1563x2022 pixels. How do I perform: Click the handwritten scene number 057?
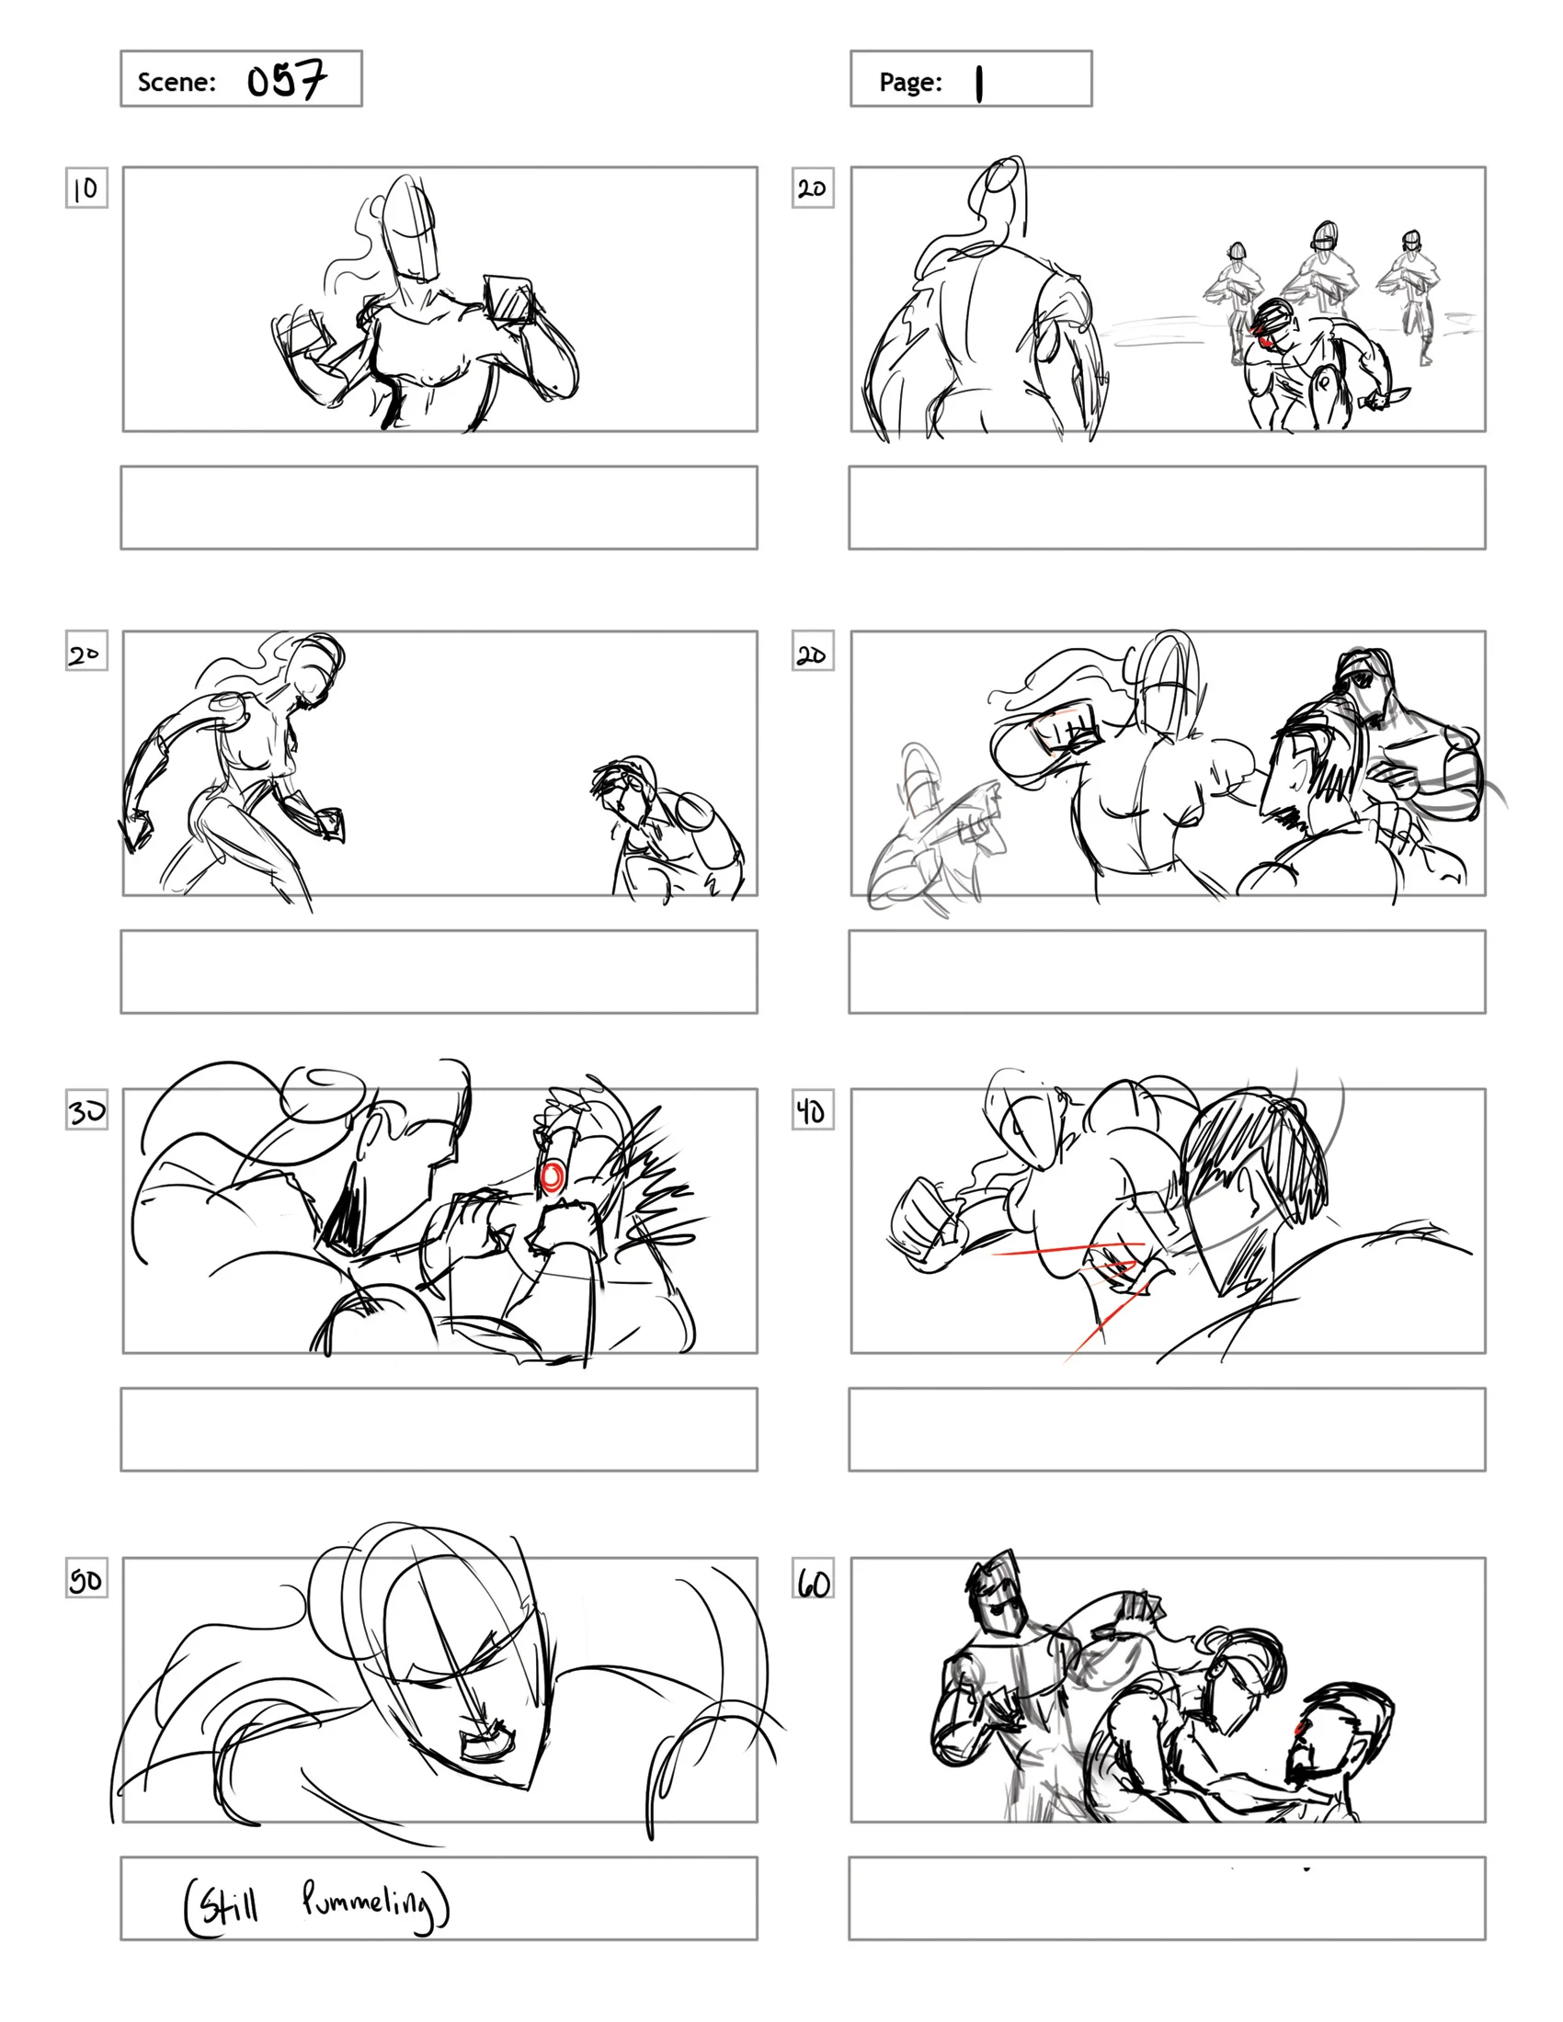286,81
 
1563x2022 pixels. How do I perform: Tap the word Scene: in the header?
176,83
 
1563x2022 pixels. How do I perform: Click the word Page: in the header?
910,83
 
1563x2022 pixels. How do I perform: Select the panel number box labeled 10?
86,187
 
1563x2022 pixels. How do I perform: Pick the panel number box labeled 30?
86,1110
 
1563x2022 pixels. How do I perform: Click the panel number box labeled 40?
812,1110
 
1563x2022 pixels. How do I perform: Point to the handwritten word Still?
228,1905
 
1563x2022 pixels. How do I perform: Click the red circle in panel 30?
551,1176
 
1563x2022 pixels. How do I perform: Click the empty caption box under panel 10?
439,507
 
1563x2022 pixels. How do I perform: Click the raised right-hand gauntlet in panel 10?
508,299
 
